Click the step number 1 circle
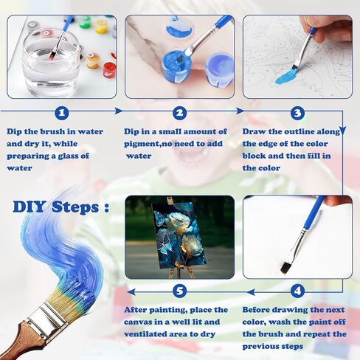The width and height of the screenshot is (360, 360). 62,113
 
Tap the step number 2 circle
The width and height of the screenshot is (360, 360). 179,113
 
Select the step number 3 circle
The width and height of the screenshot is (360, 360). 297,113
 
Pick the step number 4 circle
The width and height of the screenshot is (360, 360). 297,291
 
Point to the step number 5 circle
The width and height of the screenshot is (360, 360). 180,291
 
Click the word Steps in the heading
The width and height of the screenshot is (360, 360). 75,207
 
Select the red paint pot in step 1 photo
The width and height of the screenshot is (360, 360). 110,70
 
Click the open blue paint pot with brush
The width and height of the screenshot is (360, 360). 176,66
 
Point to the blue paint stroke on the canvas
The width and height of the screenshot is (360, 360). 287,77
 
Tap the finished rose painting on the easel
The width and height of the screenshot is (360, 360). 176,236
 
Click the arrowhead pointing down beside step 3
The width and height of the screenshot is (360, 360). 343,131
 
